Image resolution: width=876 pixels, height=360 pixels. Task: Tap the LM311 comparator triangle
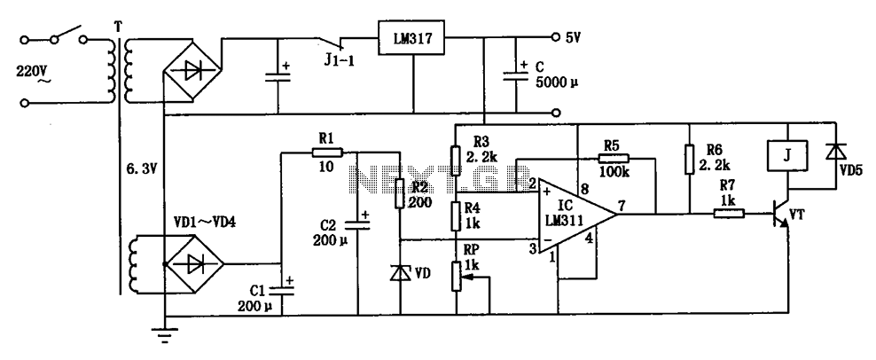click(575, 215)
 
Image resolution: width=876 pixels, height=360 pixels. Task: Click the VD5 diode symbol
click(836, 152)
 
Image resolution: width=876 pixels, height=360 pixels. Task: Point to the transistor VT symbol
click(780, 214)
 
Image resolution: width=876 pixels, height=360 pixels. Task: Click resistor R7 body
click(729, 213)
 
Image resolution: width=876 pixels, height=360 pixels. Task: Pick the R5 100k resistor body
click(614, 158)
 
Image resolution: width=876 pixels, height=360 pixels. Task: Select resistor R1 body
click(327, 152)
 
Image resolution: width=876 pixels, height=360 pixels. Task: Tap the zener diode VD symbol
click(401, 273)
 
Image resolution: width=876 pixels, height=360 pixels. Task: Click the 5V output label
click(573, 38)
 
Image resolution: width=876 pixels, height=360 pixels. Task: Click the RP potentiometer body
click(457, 276)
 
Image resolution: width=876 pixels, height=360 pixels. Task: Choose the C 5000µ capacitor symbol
click(515, 74)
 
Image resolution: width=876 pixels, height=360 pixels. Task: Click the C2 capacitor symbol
click(358, 223)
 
